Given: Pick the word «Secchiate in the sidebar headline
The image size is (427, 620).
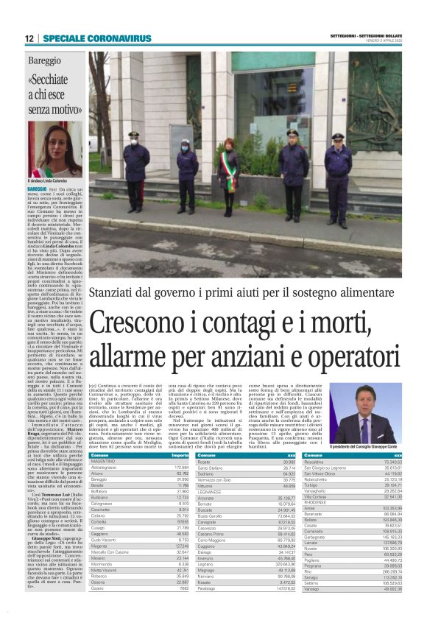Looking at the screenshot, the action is (x=54, y=82).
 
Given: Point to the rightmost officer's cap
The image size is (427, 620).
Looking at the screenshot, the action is (x=337, y=137).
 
